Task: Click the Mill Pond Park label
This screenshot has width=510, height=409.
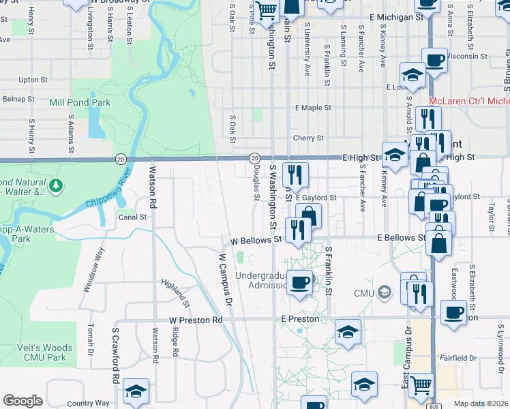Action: tap(80, 102)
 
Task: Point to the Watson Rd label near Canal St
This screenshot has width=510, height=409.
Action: tap(153, 181)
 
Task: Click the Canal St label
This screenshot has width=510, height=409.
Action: tap(133, 217)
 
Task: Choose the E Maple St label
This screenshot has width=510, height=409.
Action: tap(313, 108)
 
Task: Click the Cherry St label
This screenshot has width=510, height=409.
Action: tap(308, 138)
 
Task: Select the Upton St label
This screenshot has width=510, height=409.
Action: tap(32, 80)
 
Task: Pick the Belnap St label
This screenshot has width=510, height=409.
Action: tap(18, 99)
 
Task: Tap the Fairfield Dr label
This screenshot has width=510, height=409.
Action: tap(458, 357)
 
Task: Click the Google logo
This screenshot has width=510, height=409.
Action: tap(22, 401)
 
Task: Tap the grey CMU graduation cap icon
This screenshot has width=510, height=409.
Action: tap(385, 292)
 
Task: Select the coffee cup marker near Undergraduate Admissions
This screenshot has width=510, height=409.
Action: tap(299, 282)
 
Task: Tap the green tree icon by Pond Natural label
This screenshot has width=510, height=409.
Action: tap(56, 185)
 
